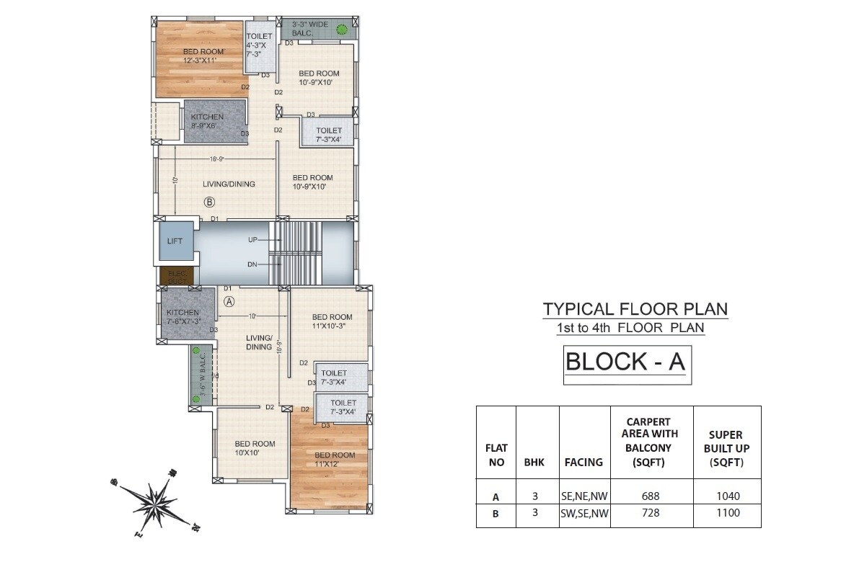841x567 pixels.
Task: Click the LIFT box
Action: pyautogui.click(x=175, y=241)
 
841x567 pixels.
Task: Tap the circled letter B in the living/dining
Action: pyautogui.click(x=209, y=202)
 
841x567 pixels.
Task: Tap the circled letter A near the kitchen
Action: pyautogui.click(x=229, y=301)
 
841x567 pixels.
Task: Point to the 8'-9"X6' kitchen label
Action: pyautogui.click(x=207, y=121)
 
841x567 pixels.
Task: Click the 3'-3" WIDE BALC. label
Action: pyautogui.click(x=310, y=29)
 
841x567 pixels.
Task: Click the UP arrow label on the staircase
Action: pyautogui.click(x=252, y=238)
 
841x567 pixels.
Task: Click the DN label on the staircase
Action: pyautogui.click(x=252, y=264)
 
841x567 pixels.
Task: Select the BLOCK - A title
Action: pyautogui.click(x=625, y=362)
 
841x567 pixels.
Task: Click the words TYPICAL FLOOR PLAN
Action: pyautogui.click(x=635, y=309)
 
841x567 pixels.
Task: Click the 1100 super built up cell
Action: pyautogui.click(x=726, y=513)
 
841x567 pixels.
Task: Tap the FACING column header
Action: pyautogui.click(x=584, y=462)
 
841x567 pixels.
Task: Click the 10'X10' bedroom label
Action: pyautogui.click(x=255, y=447)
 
